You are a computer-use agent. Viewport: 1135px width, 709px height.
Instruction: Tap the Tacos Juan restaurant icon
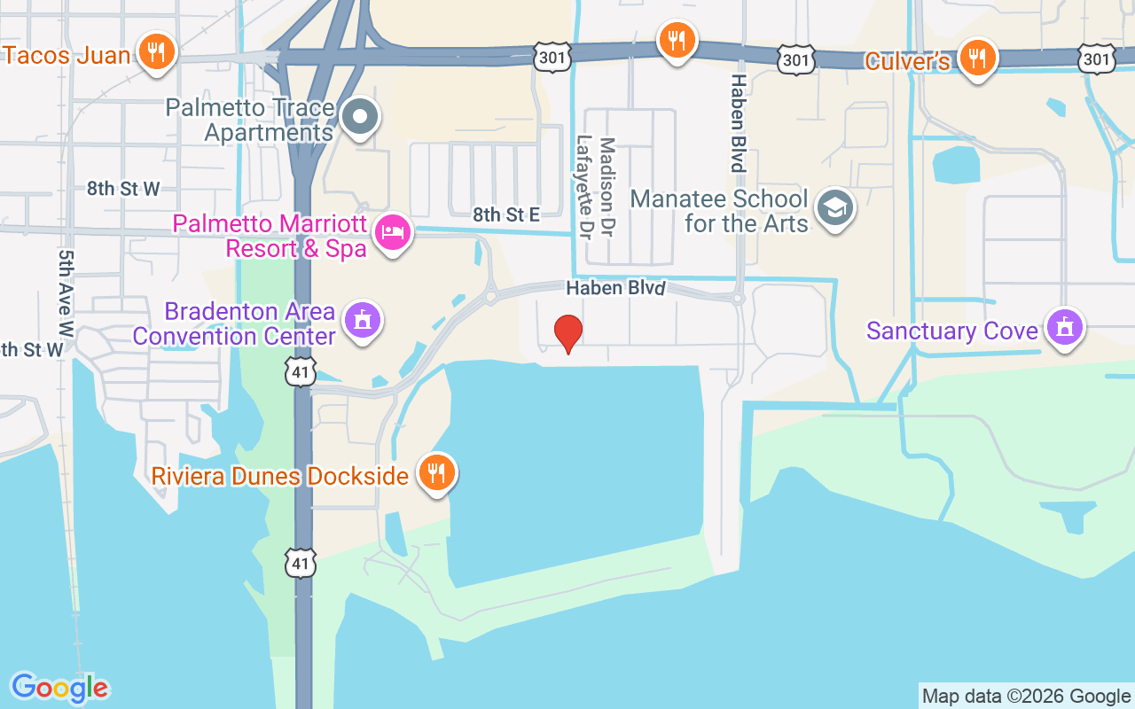(156, 51)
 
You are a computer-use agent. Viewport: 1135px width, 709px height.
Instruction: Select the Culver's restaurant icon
(977, 58)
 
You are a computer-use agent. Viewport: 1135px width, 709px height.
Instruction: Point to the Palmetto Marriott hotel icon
(393, 233)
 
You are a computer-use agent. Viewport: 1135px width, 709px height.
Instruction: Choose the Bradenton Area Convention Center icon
(362, 321)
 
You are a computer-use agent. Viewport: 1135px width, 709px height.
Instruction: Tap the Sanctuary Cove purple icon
(1064, 327)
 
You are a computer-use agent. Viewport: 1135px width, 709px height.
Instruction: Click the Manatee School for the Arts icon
(835, 207)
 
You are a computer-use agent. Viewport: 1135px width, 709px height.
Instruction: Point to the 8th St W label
(123, 188)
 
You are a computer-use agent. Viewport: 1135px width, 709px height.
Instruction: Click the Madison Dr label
(607, 186)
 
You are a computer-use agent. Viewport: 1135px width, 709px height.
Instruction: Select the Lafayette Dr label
(584, 186)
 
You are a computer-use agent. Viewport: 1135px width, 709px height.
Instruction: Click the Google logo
(59, 688)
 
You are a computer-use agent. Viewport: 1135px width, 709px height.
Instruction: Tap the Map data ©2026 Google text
(1026, 697)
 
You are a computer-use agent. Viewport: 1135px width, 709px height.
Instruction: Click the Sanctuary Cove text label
(951, 331)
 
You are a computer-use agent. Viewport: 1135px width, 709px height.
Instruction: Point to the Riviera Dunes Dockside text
(279, 475)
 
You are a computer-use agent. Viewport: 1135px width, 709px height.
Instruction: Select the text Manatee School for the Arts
(719, 210)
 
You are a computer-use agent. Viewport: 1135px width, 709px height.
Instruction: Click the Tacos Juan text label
(67, 55)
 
